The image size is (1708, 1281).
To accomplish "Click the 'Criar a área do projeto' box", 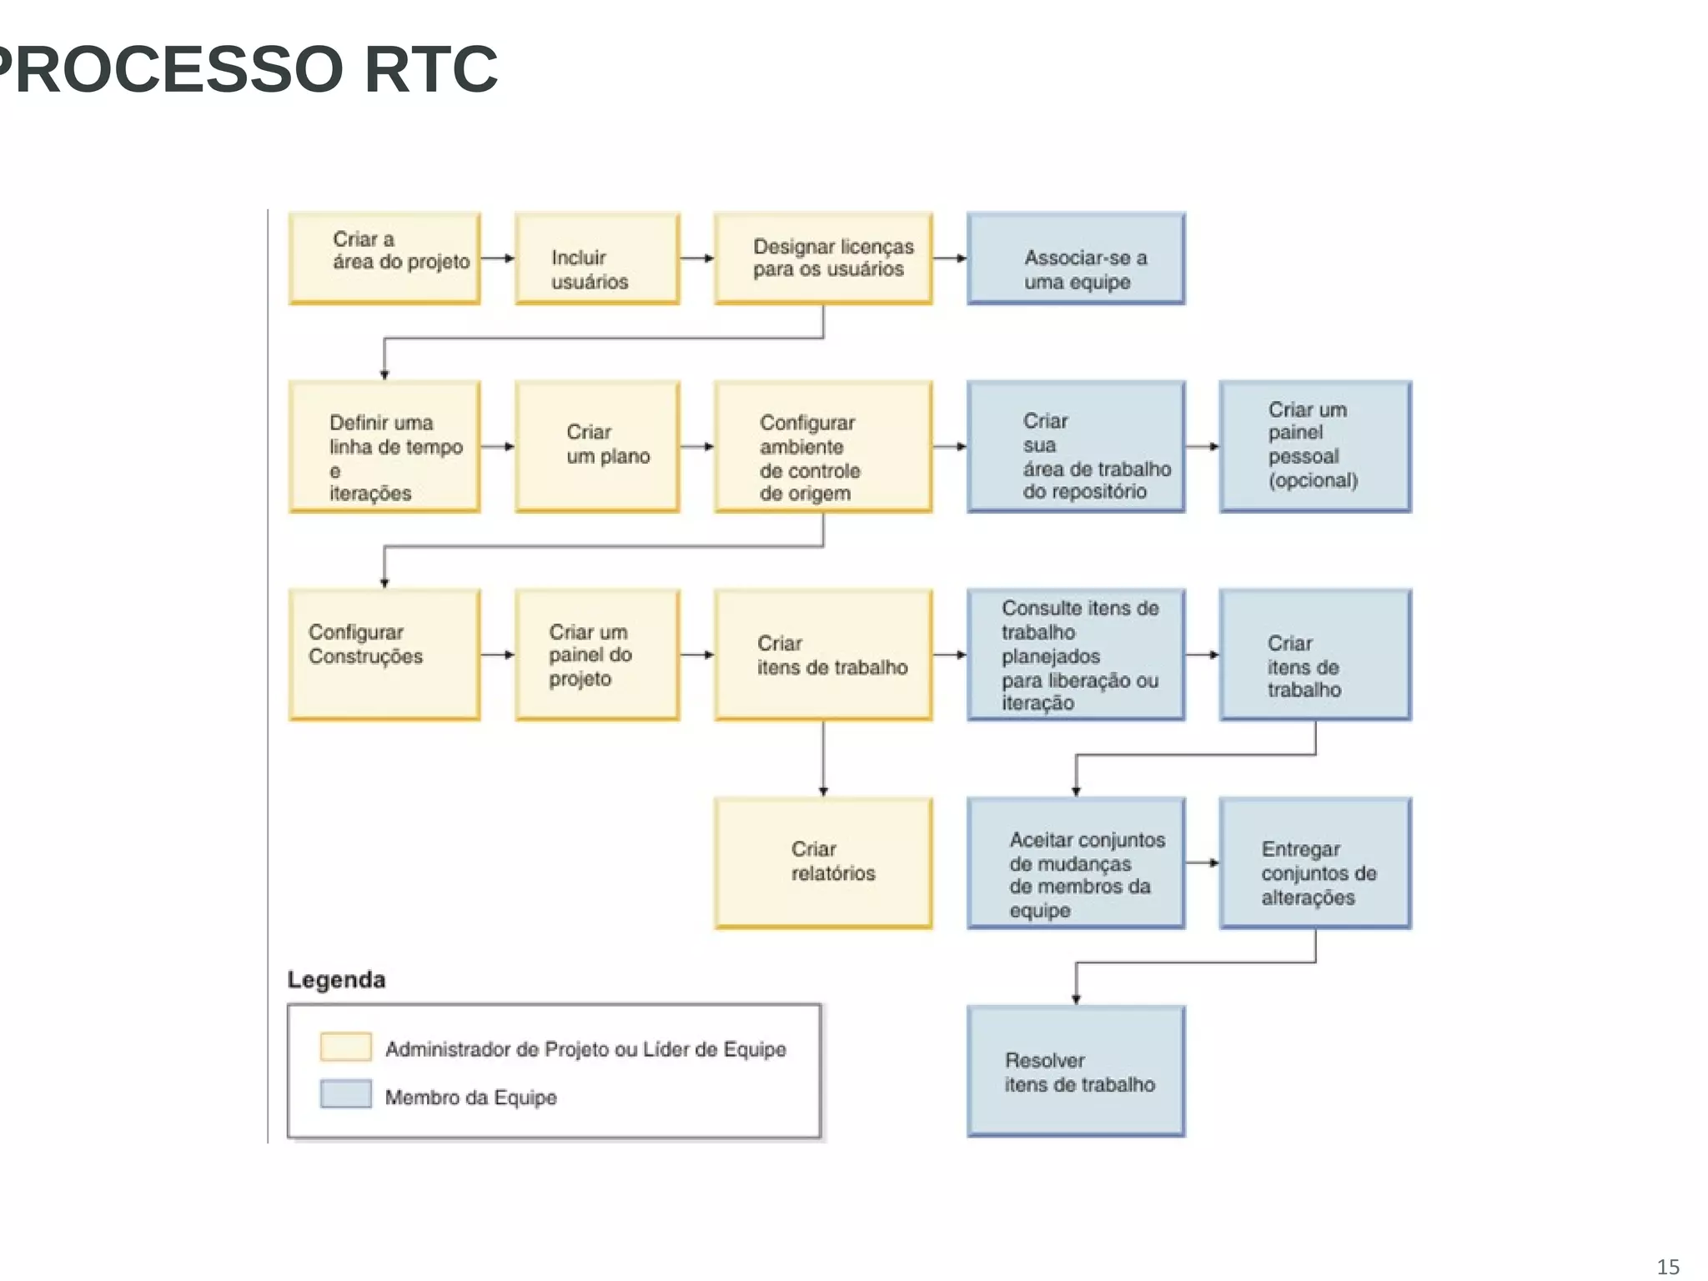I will tap(384, 258).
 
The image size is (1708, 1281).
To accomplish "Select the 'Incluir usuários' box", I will tap(597, 259).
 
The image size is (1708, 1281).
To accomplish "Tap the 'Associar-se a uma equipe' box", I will tap(1076, 259).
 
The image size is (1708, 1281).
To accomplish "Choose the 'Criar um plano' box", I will tap(597, 446).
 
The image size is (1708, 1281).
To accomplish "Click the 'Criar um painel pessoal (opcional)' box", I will tap(1315, 446).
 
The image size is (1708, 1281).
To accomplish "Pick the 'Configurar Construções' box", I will tap(384, 655).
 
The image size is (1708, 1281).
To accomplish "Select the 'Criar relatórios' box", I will tap(823, 862).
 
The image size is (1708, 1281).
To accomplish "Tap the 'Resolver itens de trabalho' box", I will tap(1076, 1071).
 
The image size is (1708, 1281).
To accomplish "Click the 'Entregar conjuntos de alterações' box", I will tap(1315, 862).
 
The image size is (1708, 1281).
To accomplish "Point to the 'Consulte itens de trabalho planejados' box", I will tap(1076, 655).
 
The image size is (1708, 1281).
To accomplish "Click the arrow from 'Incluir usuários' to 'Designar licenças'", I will tap(697, 259).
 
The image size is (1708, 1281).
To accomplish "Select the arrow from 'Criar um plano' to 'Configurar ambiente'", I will tap(697, 447).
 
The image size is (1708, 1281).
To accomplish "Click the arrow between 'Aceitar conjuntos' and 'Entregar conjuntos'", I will tap(1202, 863).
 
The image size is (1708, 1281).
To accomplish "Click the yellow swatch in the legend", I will tap(345, 1047).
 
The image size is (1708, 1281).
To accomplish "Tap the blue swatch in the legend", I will tap(345, 1094).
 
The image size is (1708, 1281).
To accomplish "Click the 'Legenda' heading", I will tap(336, 980).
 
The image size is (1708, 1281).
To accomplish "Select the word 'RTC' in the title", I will tap(430, 69).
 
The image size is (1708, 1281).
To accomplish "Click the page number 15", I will tap(1668, 1267).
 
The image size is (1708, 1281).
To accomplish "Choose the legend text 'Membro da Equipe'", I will tap(470, 1098).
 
